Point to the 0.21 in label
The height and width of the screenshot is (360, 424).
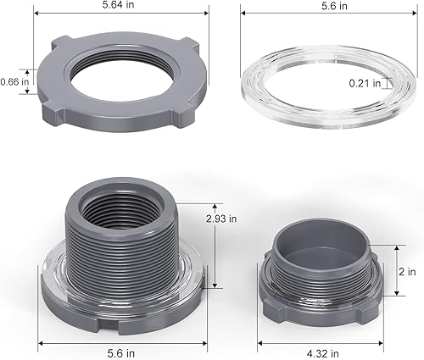[x=365, y=83]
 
